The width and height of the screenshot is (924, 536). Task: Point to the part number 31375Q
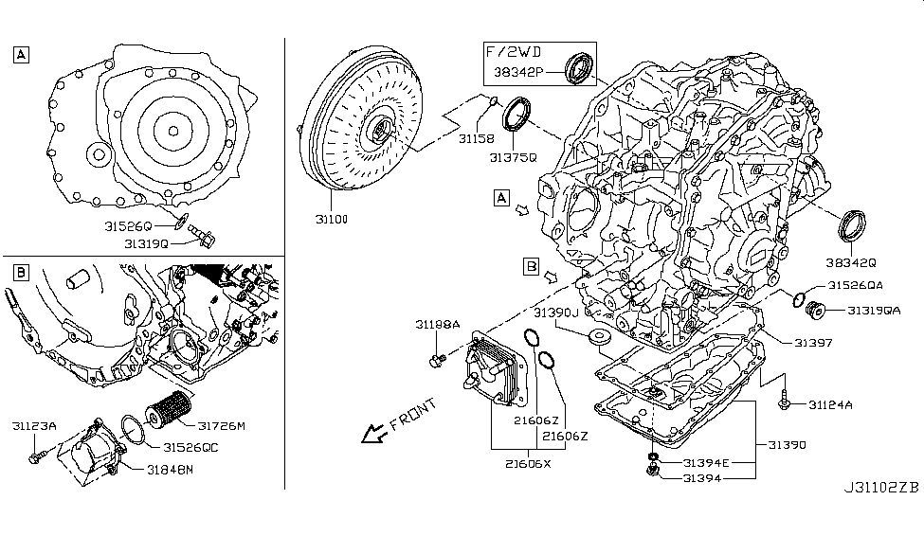click(x=515, y=157)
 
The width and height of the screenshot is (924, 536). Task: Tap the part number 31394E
click(x=707, y=462)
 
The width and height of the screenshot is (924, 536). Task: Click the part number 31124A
click(x=830, y=405)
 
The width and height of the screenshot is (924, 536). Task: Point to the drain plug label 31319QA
click(x=873, y=310)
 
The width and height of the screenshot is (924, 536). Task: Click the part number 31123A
click(x=34, y=427)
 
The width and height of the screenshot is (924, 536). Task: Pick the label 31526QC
click(x=190, y=447)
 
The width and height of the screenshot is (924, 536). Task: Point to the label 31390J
click(x=555, y=312)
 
